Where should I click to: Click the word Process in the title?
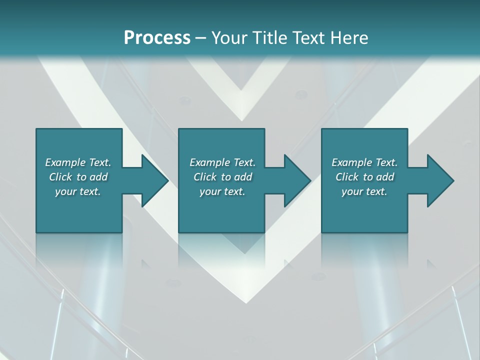tap(157, 38)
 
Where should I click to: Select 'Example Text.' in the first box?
tap(78, 162)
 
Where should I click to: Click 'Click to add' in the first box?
tap(78, 177)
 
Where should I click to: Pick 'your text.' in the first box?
tap(78, 191)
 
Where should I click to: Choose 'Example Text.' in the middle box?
tap(222, 162)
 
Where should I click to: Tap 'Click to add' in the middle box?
tap(222, 177)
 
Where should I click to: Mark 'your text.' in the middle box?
tap(222, 191)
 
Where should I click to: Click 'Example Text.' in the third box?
tap(364, 162)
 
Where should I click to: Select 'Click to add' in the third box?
tap(364, 177)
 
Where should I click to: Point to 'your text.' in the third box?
tap(364, 191)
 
